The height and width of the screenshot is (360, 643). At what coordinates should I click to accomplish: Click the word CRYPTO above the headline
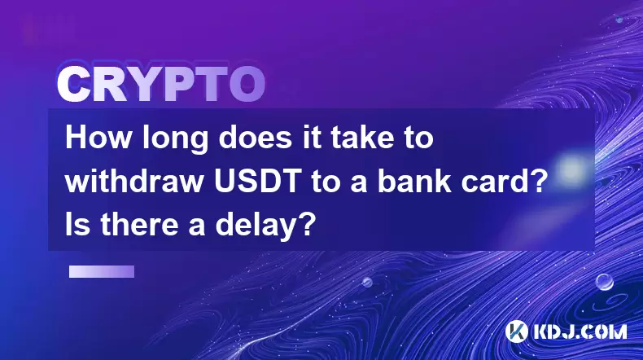161,85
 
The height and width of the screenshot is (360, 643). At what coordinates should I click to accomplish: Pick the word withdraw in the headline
134,182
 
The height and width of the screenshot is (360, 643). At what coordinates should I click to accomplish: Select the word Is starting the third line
77,226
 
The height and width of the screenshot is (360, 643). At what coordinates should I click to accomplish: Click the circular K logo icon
516,331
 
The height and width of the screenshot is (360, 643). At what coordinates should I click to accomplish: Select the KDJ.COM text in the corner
580,331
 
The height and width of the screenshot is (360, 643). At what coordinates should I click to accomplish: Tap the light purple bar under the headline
102,272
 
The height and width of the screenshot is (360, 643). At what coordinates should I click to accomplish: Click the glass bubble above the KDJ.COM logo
605,282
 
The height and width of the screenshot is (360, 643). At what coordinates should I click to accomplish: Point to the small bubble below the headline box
367,282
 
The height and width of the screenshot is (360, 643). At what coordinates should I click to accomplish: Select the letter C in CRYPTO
74,85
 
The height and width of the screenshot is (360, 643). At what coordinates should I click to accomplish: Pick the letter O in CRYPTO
247,85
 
